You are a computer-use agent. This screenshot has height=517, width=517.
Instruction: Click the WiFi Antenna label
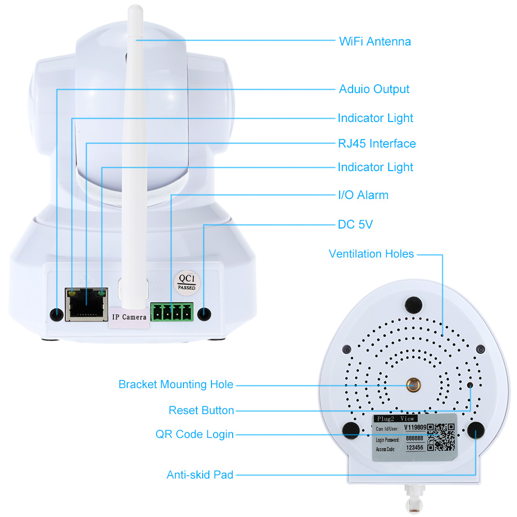pos(375,41)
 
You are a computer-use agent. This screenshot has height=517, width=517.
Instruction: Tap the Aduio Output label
pos(374,89)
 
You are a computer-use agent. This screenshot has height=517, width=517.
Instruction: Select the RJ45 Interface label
pos(376,143)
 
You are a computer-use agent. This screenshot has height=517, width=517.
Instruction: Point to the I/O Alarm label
pos(362,195)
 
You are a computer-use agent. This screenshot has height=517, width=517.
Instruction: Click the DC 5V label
pos(355,224)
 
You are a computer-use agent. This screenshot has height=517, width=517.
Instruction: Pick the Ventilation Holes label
pos(371,254)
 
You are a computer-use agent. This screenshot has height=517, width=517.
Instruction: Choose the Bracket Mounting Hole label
pos(176,385)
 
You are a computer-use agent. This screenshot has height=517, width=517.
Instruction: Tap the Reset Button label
pos(201,410)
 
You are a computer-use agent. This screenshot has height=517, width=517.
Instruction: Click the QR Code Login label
pos(194,434)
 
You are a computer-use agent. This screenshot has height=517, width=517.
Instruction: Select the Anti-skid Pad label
pos(200,475)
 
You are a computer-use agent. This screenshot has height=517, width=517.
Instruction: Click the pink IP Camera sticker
pos(128,316)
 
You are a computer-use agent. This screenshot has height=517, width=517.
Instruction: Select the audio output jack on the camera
pos(56,314)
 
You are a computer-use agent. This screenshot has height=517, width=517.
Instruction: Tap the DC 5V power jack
pos(205,314)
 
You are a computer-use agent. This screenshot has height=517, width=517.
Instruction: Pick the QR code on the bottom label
pos(440,437)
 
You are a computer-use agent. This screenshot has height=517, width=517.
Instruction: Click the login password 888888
pos(414,438)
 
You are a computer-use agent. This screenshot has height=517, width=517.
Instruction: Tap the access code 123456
pos(415,449)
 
